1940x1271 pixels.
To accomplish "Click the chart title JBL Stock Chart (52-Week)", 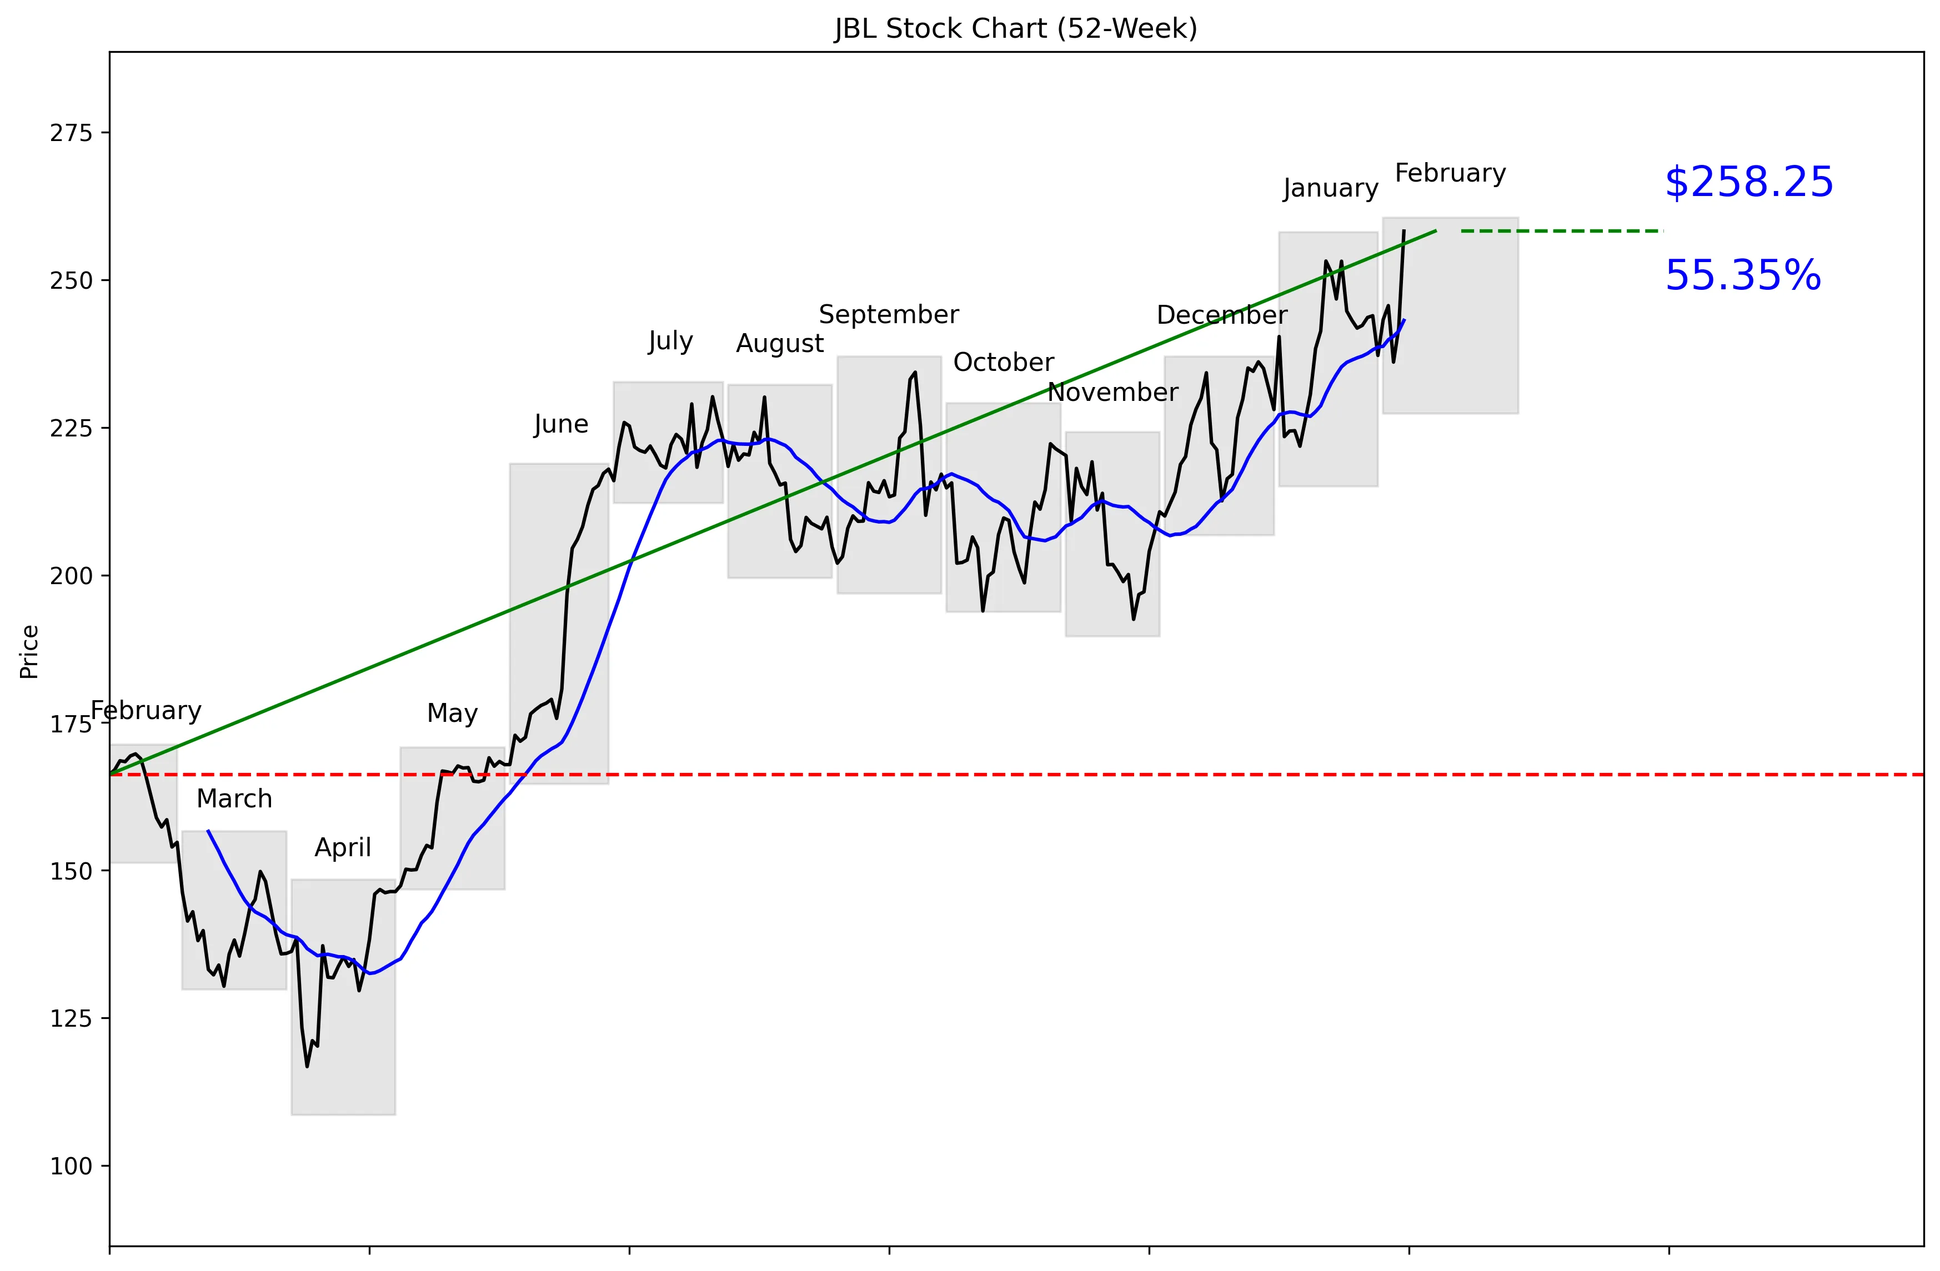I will point(1016,28).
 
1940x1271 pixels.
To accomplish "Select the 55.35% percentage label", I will point(1742,275).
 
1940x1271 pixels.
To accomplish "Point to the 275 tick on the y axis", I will point(71,133).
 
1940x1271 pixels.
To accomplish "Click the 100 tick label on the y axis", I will point(71,1166).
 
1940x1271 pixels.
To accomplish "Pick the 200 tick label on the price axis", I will point(71,576).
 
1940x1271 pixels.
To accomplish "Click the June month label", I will point(561,424).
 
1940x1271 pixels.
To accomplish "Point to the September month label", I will point(889,314).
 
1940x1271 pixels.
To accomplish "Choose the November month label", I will point(1112,393).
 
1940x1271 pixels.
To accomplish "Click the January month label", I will point(1330,188).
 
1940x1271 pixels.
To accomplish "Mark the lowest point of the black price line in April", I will point(307,1066).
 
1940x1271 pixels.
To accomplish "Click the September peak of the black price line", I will point(915,373).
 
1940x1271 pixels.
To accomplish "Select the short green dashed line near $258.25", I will point(1561,232).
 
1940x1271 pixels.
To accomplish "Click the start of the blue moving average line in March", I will point(209,831).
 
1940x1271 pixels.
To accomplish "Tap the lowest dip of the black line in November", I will point(1133,619).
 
